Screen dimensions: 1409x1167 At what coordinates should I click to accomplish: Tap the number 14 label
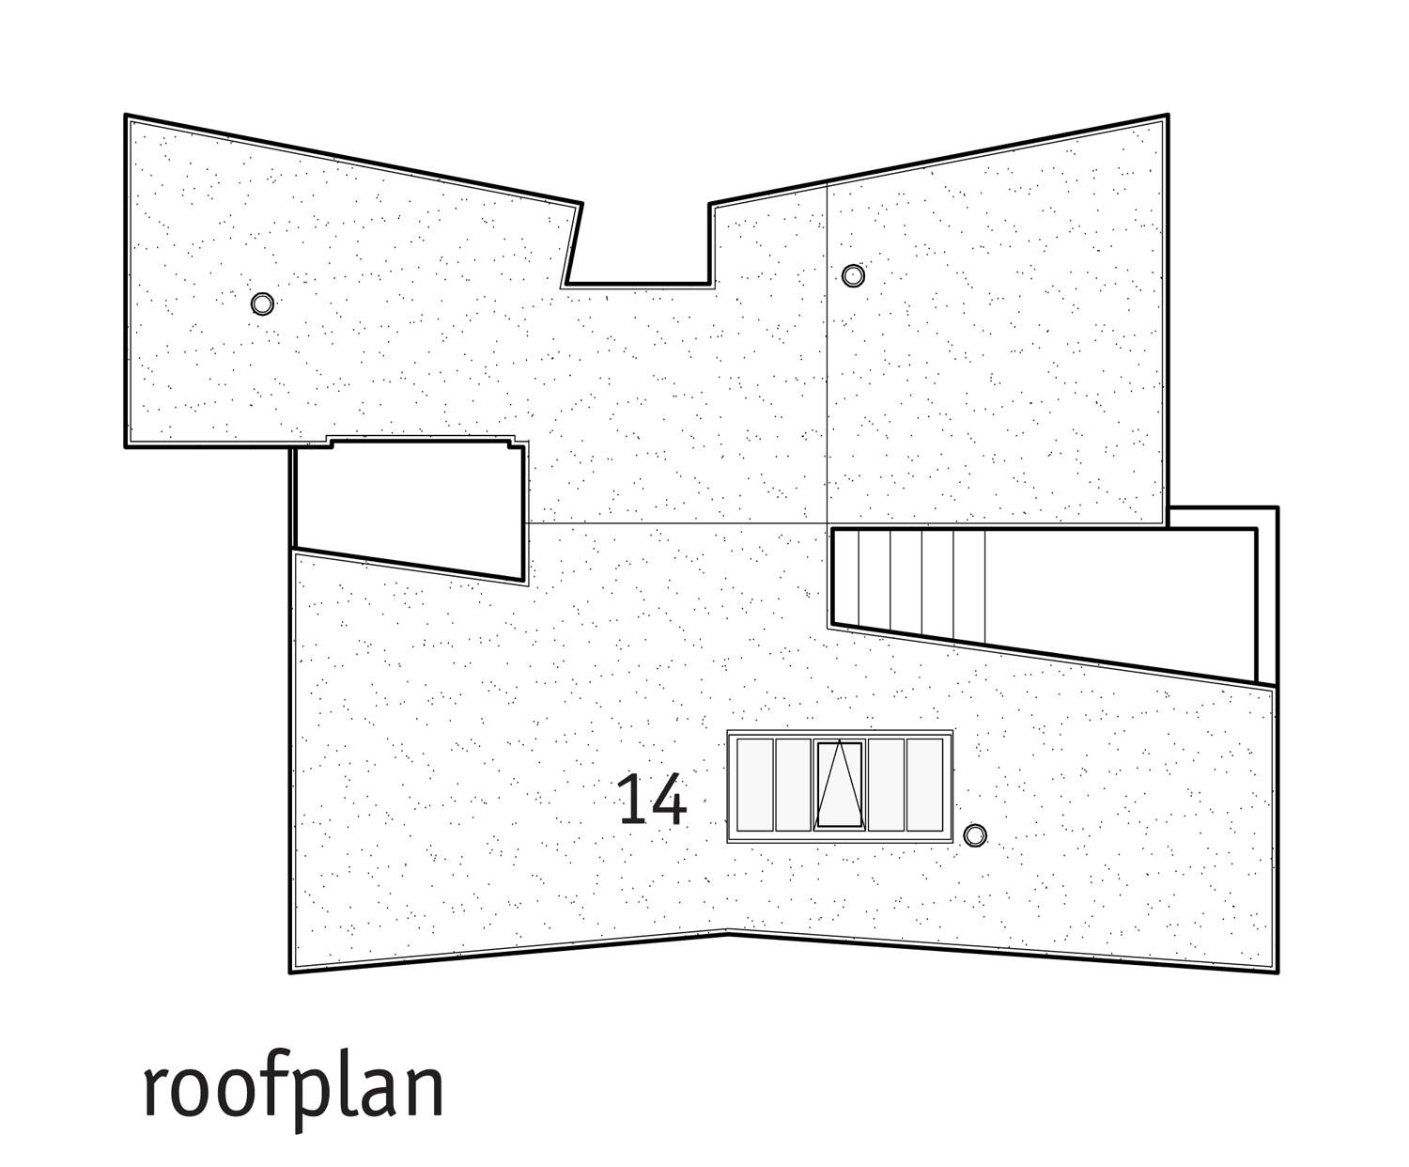tap(652, 800)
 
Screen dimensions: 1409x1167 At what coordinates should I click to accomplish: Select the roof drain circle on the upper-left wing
tap(262, 303)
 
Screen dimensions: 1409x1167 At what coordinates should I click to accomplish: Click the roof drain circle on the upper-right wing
tap(853, 275)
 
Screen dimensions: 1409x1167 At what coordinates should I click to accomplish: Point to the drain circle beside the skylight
tap(974, 835)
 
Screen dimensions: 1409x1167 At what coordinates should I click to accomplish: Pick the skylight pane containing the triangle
tap(840, 785)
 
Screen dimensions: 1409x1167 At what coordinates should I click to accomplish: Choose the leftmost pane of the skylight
tap(755, 785)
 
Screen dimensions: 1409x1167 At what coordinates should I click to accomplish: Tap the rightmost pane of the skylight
tap(924, 785)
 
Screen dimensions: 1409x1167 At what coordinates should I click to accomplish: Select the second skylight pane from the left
tap(793, 785)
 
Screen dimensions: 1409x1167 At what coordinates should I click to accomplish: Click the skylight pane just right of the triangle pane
tap(886, 785)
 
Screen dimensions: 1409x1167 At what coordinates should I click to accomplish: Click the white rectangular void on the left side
tap(409, 507)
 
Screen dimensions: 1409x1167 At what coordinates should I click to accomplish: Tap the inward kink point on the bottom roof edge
tap(728, 933)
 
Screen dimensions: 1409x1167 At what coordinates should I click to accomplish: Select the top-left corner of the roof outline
tap(126, 116)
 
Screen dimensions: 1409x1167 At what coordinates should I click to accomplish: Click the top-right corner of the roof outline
tap(1168, 116)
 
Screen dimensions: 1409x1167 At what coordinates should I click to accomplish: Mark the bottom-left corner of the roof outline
tap(291, 972)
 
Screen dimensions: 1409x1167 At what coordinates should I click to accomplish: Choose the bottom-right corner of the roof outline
tap(1277, 972)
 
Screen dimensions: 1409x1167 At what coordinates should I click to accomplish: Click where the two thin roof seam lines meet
tap(828, 522)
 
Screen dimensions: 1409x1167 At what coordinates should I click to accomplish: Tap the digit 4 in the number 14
tap(669, 800)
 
